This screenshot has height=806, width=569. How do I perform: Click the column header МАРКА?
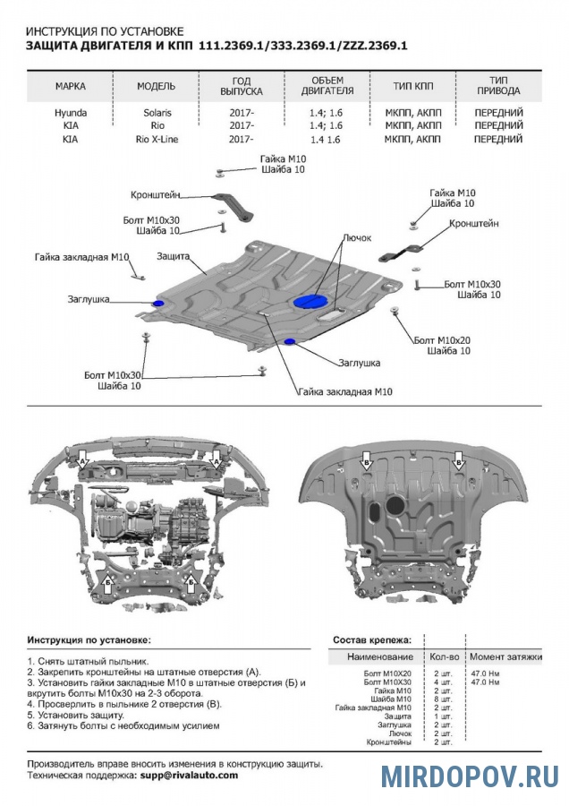point(71,86)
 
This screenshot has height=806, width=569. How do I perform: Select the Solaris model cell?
point(157,113)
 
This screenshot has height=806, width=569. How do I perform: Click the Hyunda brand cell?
point(71,113)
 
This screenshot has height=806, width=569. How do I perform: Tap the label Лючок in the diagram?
point(356,239)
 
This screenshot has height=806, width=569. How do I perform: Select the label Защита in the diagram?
point(173,256)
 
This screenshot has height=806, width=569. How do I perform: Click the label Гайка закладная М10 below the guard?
point(345,392)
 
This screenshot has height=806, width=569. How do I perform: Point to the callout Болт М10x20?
point(442,340)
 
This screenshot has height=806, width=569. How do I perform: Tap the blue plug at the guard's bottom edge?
point(289,343)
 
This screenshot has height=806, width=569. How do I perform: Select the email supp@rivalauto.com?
point(188,775)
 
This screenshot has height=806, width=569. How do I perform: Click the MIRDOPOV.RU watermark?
point(470,776)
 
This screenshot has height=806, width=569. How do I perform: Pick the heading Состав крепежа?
point(372,640)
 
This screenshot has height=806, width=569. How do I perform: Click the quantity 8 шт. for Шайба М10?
point(442,699)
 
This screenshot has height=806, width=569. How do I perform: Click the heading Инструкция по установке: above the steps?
point(89,640)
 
